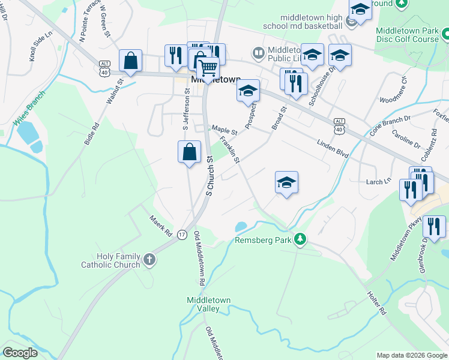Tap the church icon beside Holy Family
pos(149,260)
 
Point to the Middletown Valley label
pos(208,304)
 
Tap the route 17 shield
pos(182,234)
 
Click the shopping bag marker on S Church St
pos(189,152)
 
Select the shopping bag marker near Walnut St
pos(130,60)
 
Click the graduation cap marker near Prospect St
pos(248,91)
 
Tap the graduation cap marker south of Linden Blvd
pos(286,182)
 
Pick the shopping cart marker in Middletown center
pos(208,69)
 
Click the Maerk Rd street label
pos(161,226)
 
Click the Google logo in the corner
pos(20,353)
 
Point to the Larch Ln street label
pos(379,180)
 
